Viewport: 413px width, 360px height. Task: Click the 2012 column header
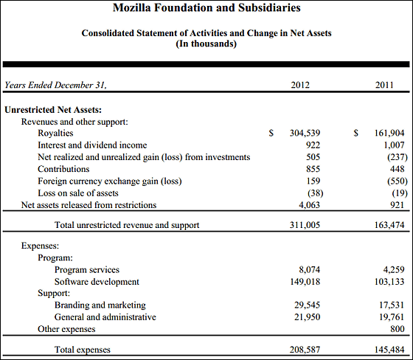point(300,85)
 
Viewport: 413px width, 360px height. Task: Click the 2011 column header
point(384,85)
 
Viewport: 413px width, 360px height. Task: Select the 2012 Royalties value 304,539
point(305,133)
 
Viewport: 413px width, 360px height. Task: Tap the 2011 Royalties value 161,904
point(389,133)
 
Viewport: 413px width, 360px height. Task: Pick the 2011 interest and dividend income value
point(394,145)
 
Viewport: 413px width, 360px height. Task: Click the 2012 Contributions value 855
point(313,169)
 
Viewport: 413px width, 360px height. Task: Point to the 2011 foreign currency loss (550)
point(398,181)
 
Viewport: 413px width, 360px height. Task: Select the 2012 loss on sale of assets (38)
point(316,193)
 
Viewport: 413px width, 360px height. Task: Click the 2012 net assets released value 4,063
point(309,205)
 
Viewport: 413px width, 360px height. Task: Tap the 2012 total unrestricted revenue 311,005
point(305,225)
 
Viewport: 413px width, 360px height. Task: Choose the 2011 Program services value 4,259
point(394,269)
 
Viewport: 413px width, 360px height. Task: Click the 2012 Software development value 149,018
point(305,282)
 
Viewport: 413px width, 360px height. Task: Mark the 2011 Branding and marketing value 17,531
point(392,305)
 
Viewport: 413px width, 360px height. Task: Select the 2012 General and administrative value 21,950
point(307,317)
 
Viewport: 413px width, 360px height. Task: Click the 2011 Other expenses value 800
point(398,329)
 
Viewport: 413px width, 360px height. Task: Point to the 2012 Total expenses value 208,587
point(305,350)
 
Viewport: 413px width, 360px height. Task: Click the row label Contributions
point(63,169)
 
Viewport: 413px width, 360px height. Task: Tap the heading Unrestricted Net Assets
point(53,110)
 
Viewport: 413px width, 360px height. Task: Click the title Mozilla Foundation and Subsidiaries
point(206,7)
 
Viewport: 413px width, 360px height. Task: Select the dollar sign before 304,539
point(271,133)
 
